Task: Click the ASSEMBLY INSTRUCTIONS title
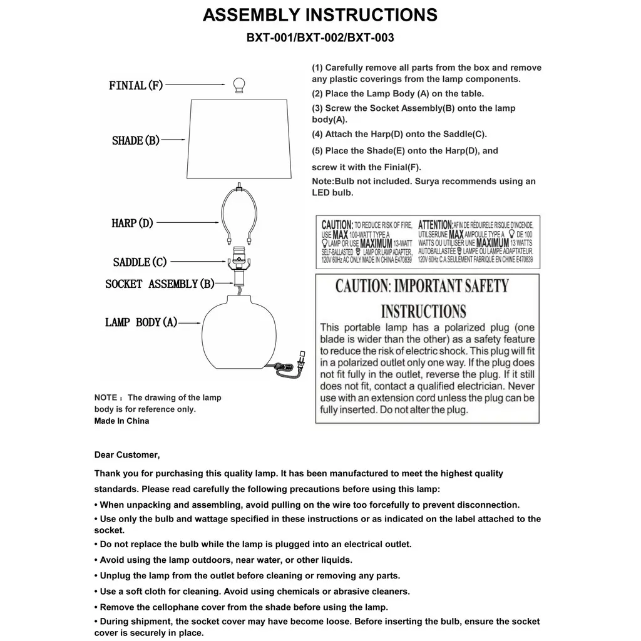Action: coord(320,15)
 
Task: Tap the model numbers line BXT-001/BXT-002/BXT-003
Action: coord(320,38)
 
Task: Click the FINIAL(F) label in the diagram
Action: coord(136,85)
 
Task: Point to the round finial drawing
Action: coord(238,85)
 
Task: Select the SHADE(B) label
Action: coord(136,141)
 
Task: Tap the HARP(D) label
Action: coord(132,223)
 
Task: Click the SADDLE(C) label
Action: coord(140,262)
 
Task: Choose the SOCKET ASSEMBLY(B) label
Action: coord(160,284)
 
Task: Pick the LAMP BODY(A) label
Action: coord(141,322)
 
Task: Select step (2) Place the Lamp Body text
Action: coord(398,94)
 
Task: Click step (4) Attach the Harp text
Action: coord(399,134)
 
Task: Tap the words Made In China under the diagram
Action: coord(121,421)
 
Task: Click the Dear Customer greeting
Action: coord(127,455)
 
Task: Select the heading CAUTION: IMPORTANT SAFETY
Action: coord(422,287)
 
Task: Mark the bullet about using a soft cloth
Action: coord(252,592)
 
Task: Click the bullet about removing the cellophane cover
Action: coord(241,607)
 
